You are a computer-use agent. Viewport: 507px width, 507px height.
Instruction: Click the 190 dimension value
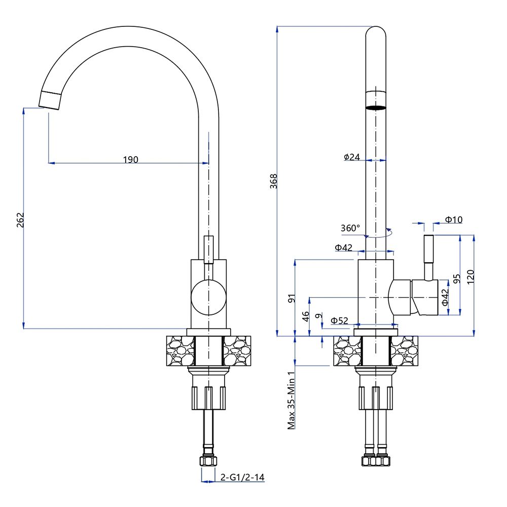click(x=130, y=159)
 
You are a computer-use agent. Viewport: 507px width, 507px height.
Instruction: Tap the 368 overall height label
click(x=274, y=182)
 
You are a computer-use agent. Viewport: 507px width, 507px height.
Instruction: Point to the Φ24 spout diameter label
click(x=351, y=157)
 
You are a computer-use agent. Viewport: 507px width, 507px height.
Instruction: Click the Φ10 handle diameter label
click(x=454, y=220)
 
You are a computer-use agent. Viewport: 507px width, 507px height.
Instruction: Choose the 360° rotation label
click(x=350, y=228)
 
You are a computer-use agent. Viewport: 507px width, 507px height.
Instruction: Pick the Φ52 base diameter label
click(x=339, y=320)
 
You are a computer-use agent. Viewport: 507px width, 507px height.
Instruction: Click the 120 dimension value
click(x=470, y=276)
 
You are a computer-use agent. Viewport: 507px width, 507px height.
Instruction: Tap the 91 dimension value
click(x=291, y=298)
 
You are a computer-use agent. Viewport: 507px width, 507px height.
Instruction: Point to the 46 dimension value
click(x=306, y=316)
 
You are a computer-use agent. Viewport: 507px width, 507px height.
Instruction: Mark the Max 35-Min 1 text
click(x=292, y=401)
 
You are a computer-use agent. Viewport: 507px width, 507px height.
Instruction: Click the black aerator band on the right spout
click(x=376, y=107)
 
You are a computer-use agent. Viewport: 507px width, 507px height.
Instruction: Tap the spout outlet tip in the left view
click(x=50, y=99)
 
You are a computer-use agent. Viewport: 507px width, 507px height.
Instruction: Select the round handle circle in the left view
click(x=208, y=297)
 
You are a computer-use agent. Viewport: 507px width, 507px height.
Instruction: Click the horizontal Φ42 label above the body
click(x=343, y=248)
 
